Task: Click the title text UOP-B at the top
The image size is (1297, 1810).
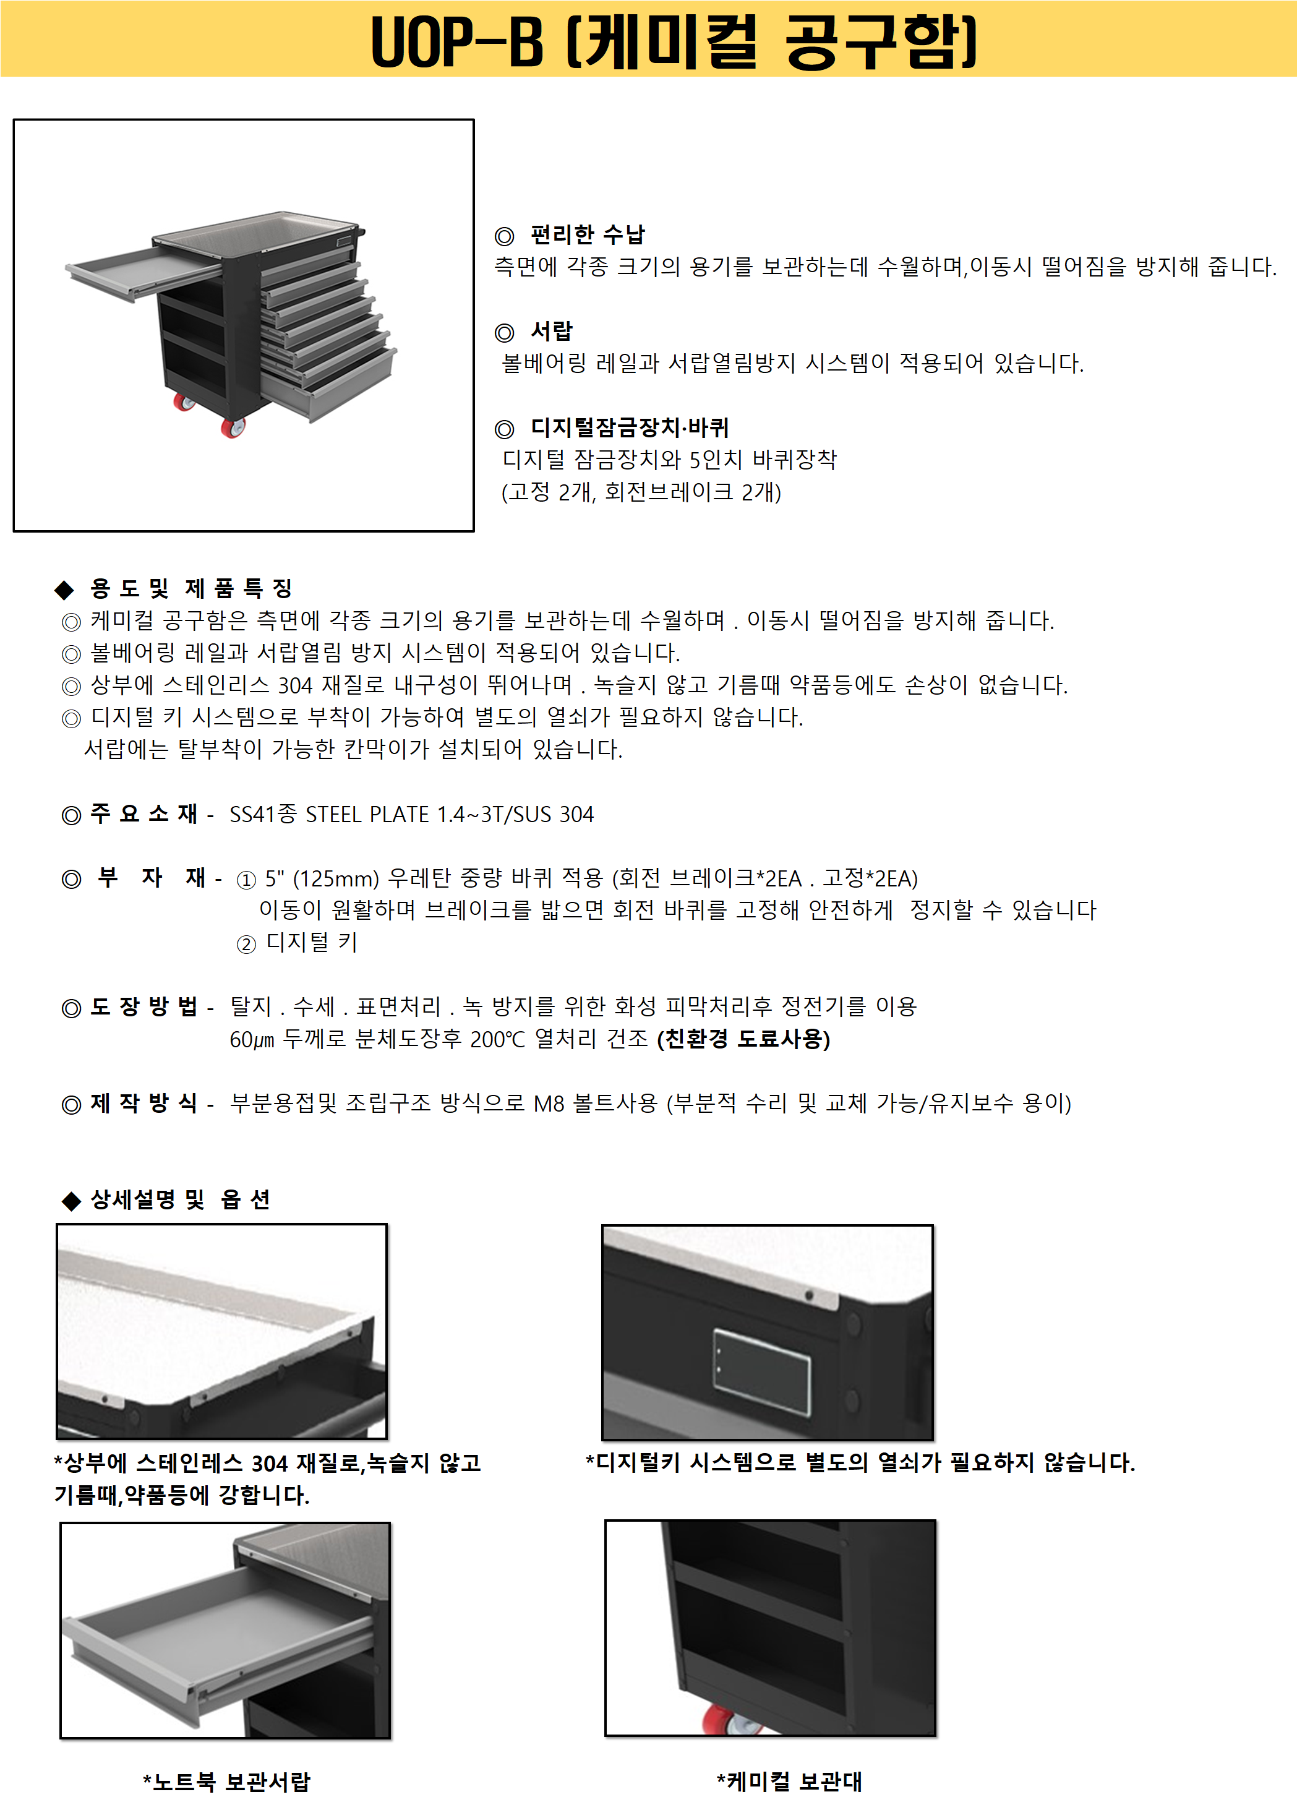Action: click(x=457, y=41)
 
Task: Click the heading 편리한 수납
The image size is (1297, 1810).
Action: click(x=588, y=234)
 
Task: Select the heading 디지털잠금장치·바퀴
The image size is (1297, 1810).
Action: click(x=630, y=428)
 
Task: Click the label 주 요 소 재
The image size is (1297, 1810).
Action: click(x=143, y=814)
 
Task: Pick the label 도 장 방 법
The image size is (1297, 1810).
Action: click(x=143, y=1006)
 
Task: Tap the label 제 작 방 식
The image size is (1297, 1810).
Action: click(x=143, y=1103)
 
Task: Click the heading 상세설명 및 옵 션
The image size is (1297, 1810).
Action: click(x=181, y=1199)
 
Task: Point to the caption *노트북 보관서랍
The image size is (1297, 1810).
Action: click(x=226, y=1782)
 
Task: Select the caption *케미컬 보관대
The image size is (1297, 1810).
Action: click(x=789, y=1782)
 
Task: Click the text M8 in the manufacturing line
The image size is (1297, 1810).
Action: click(x=549, y=1104)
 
